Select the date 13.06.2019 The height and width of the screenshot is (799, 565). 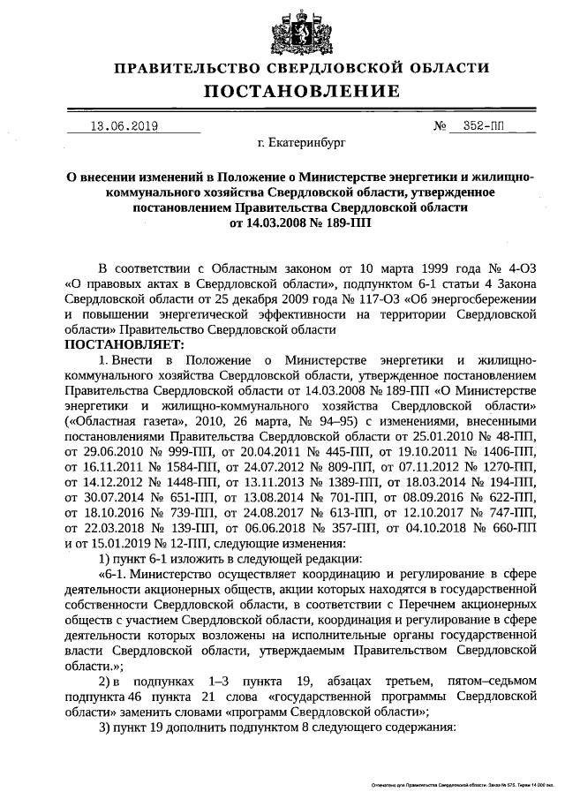point(124,125)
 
